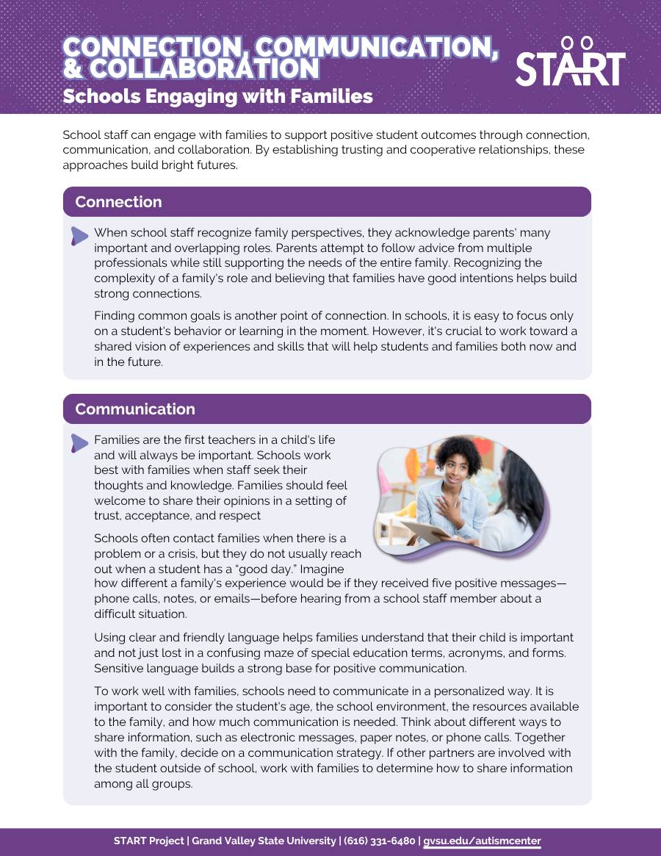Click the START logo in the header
click(570, 62)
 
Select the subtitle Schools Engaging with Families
click(217, 96)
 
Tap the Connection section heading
click(118, 202)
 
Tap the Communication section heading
click(135, 409)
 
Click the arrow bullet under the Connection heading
click(79, 235)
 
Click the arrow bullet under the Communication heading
click(79, 442)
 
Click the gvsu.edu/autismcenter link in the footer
click(482, 841)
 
